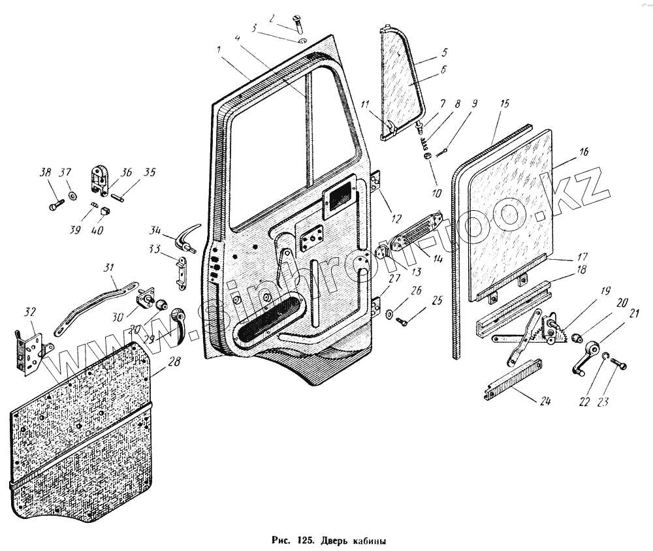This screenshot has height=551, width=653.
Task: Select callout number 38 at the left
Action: click(x=45, y=173)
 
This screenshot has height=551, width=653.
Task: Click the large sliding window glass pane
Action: click(x=509, y=209)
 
